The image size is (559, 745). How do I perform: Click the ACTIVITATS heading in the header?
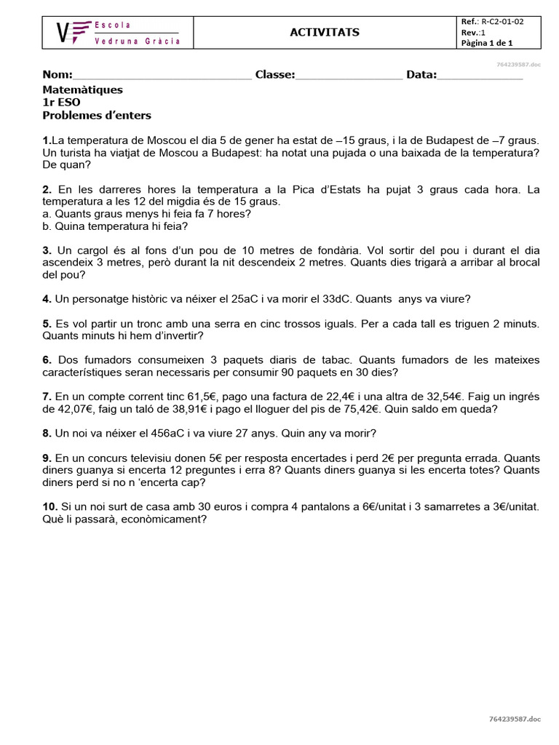point(314,33)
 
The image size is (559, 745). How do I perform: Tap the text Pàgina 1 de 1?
point(487,43)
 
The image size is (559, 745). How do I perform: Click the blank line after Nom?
point(162,76)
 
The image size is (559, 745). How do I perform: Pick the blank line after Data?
point(480,76)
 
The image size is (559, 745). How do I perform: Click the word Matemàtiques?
point(83,89)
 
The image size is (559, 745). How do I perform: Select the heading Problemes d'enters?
point(97,116)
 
